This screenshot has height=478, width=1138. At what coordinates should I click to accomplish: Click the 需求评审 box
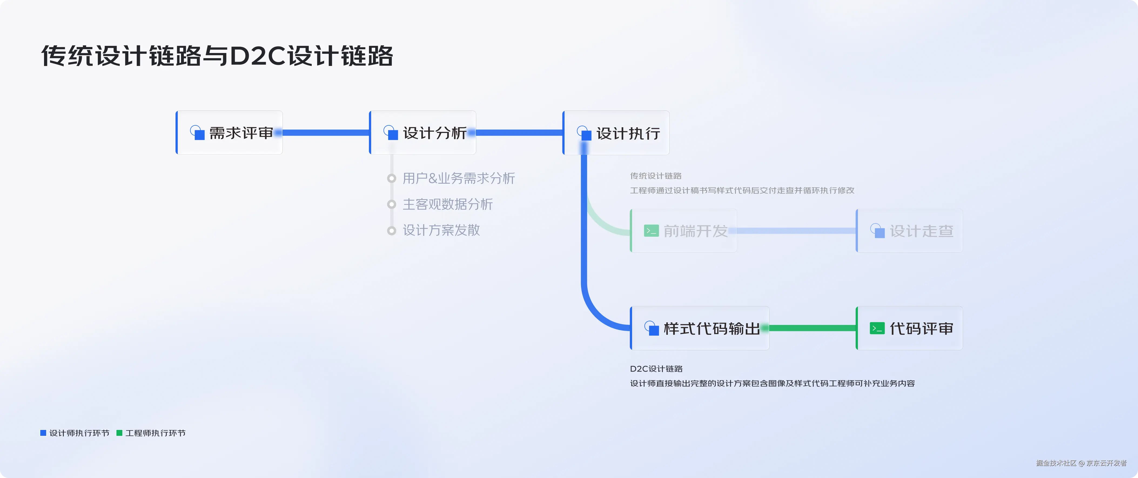pos(229,132)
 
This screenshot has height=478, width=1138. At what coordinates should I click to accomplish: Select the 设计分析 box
pos(423,132)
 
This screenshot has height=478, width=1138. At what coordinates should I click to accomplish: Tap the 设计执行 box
pos(616,132)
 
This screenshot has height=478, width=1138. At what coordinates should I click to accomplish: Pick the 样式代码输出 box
pos(700,328)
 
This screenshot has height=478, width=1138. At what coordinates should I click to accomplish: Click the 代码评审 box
pos(909,328)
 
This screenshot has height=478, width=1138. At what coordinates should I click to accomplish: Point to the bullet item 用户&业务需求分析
pos(459,179)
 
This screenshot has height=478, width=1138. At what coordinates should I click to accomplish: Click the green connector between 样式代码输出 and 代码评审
pos(812,328)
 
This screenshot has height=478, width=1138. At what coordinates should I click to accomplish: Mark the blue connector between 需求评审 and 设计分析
pos(325,132)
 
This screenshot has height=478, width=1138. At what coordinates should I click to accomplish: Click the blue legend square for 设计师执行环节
pos(43,433)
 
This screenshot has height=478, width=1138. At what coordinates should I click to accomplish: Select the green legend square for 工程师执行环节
pos(119,433)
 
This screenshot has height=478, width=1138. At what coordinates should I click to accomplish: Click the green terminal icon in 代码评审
pos(877,328)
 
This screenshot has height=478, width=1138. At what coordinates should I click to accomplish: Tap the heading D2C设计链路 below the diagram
pos(656,369)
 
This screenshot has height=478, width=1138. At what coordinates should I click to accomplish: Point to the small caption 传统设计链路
pos(656,176)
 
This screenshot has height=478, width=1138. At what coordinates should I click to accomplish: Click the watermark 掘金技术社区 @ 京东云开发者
pos(1081,463)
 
